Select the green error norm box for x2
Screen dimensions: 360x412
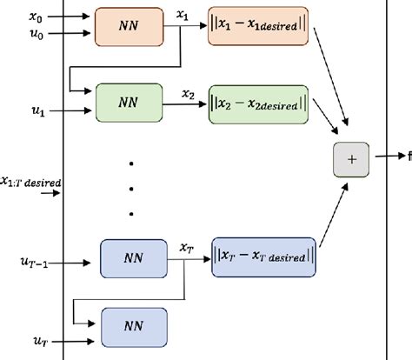click(258, 104)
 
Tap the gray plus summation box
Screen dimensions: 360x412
click(352, 159)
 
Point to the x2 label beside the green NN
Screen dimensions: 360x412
click(188, 91)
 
